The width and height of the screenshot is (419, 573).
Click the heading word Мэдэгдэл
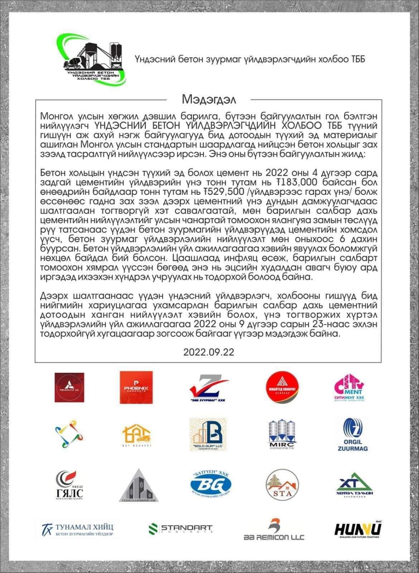(x=209, y=99)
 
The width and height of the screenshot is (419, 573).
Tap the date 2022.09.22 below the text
(x=209, y=352)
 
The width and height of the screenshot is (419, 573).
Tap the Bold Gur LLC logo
(x=208, y=435)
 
